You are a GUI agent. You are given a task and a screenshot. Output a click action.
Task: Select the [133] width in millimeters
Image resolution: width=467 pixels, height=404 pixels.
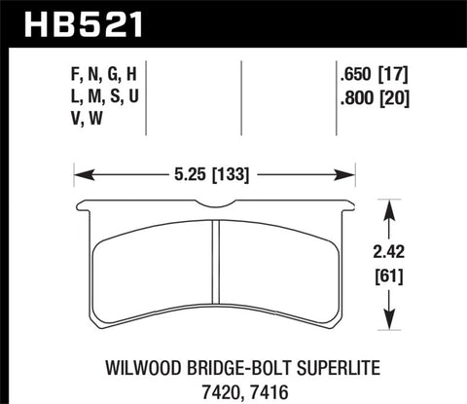237,176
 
